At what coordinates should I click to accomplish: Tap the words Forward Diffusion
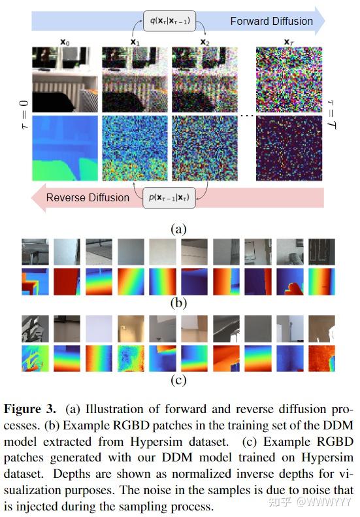click(271, 21)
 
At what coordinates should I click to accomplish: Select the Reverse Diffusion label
click(88, 197)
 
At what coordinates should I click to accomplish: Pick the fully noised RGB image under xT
click(287, 80)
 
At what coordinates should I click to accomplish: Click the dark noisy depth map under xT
click(287, 148)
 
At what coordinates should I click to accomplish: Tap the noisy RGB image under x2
click(205, 80)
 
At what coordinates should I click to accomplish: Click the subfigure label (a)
click(178, 229)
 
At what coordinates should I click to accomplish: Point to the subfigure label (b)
click(178, 302)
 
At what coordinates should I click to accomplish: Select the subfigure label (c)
click(178, 379)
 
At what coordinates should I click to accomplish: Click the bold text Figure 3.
click(32, 410)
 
